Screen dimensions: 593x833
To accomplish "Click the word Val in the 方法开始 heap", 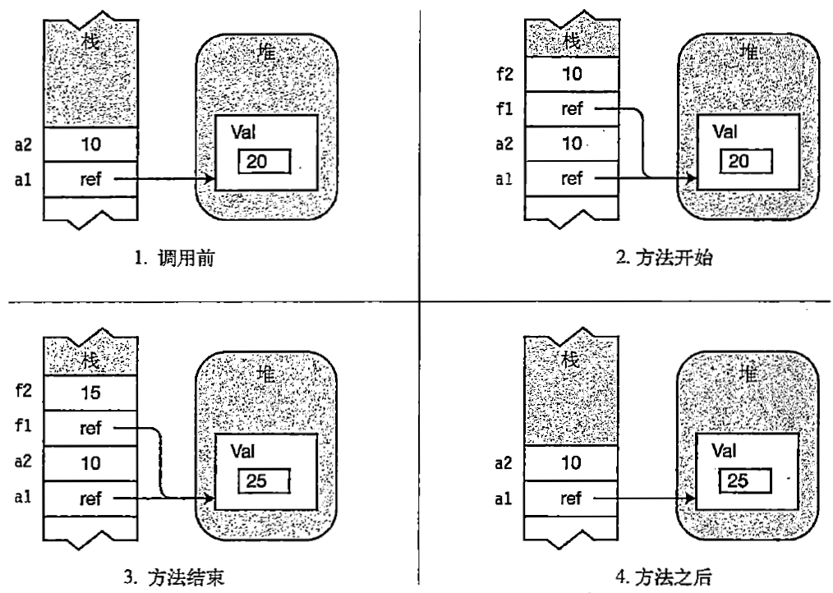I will [724, 131].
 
